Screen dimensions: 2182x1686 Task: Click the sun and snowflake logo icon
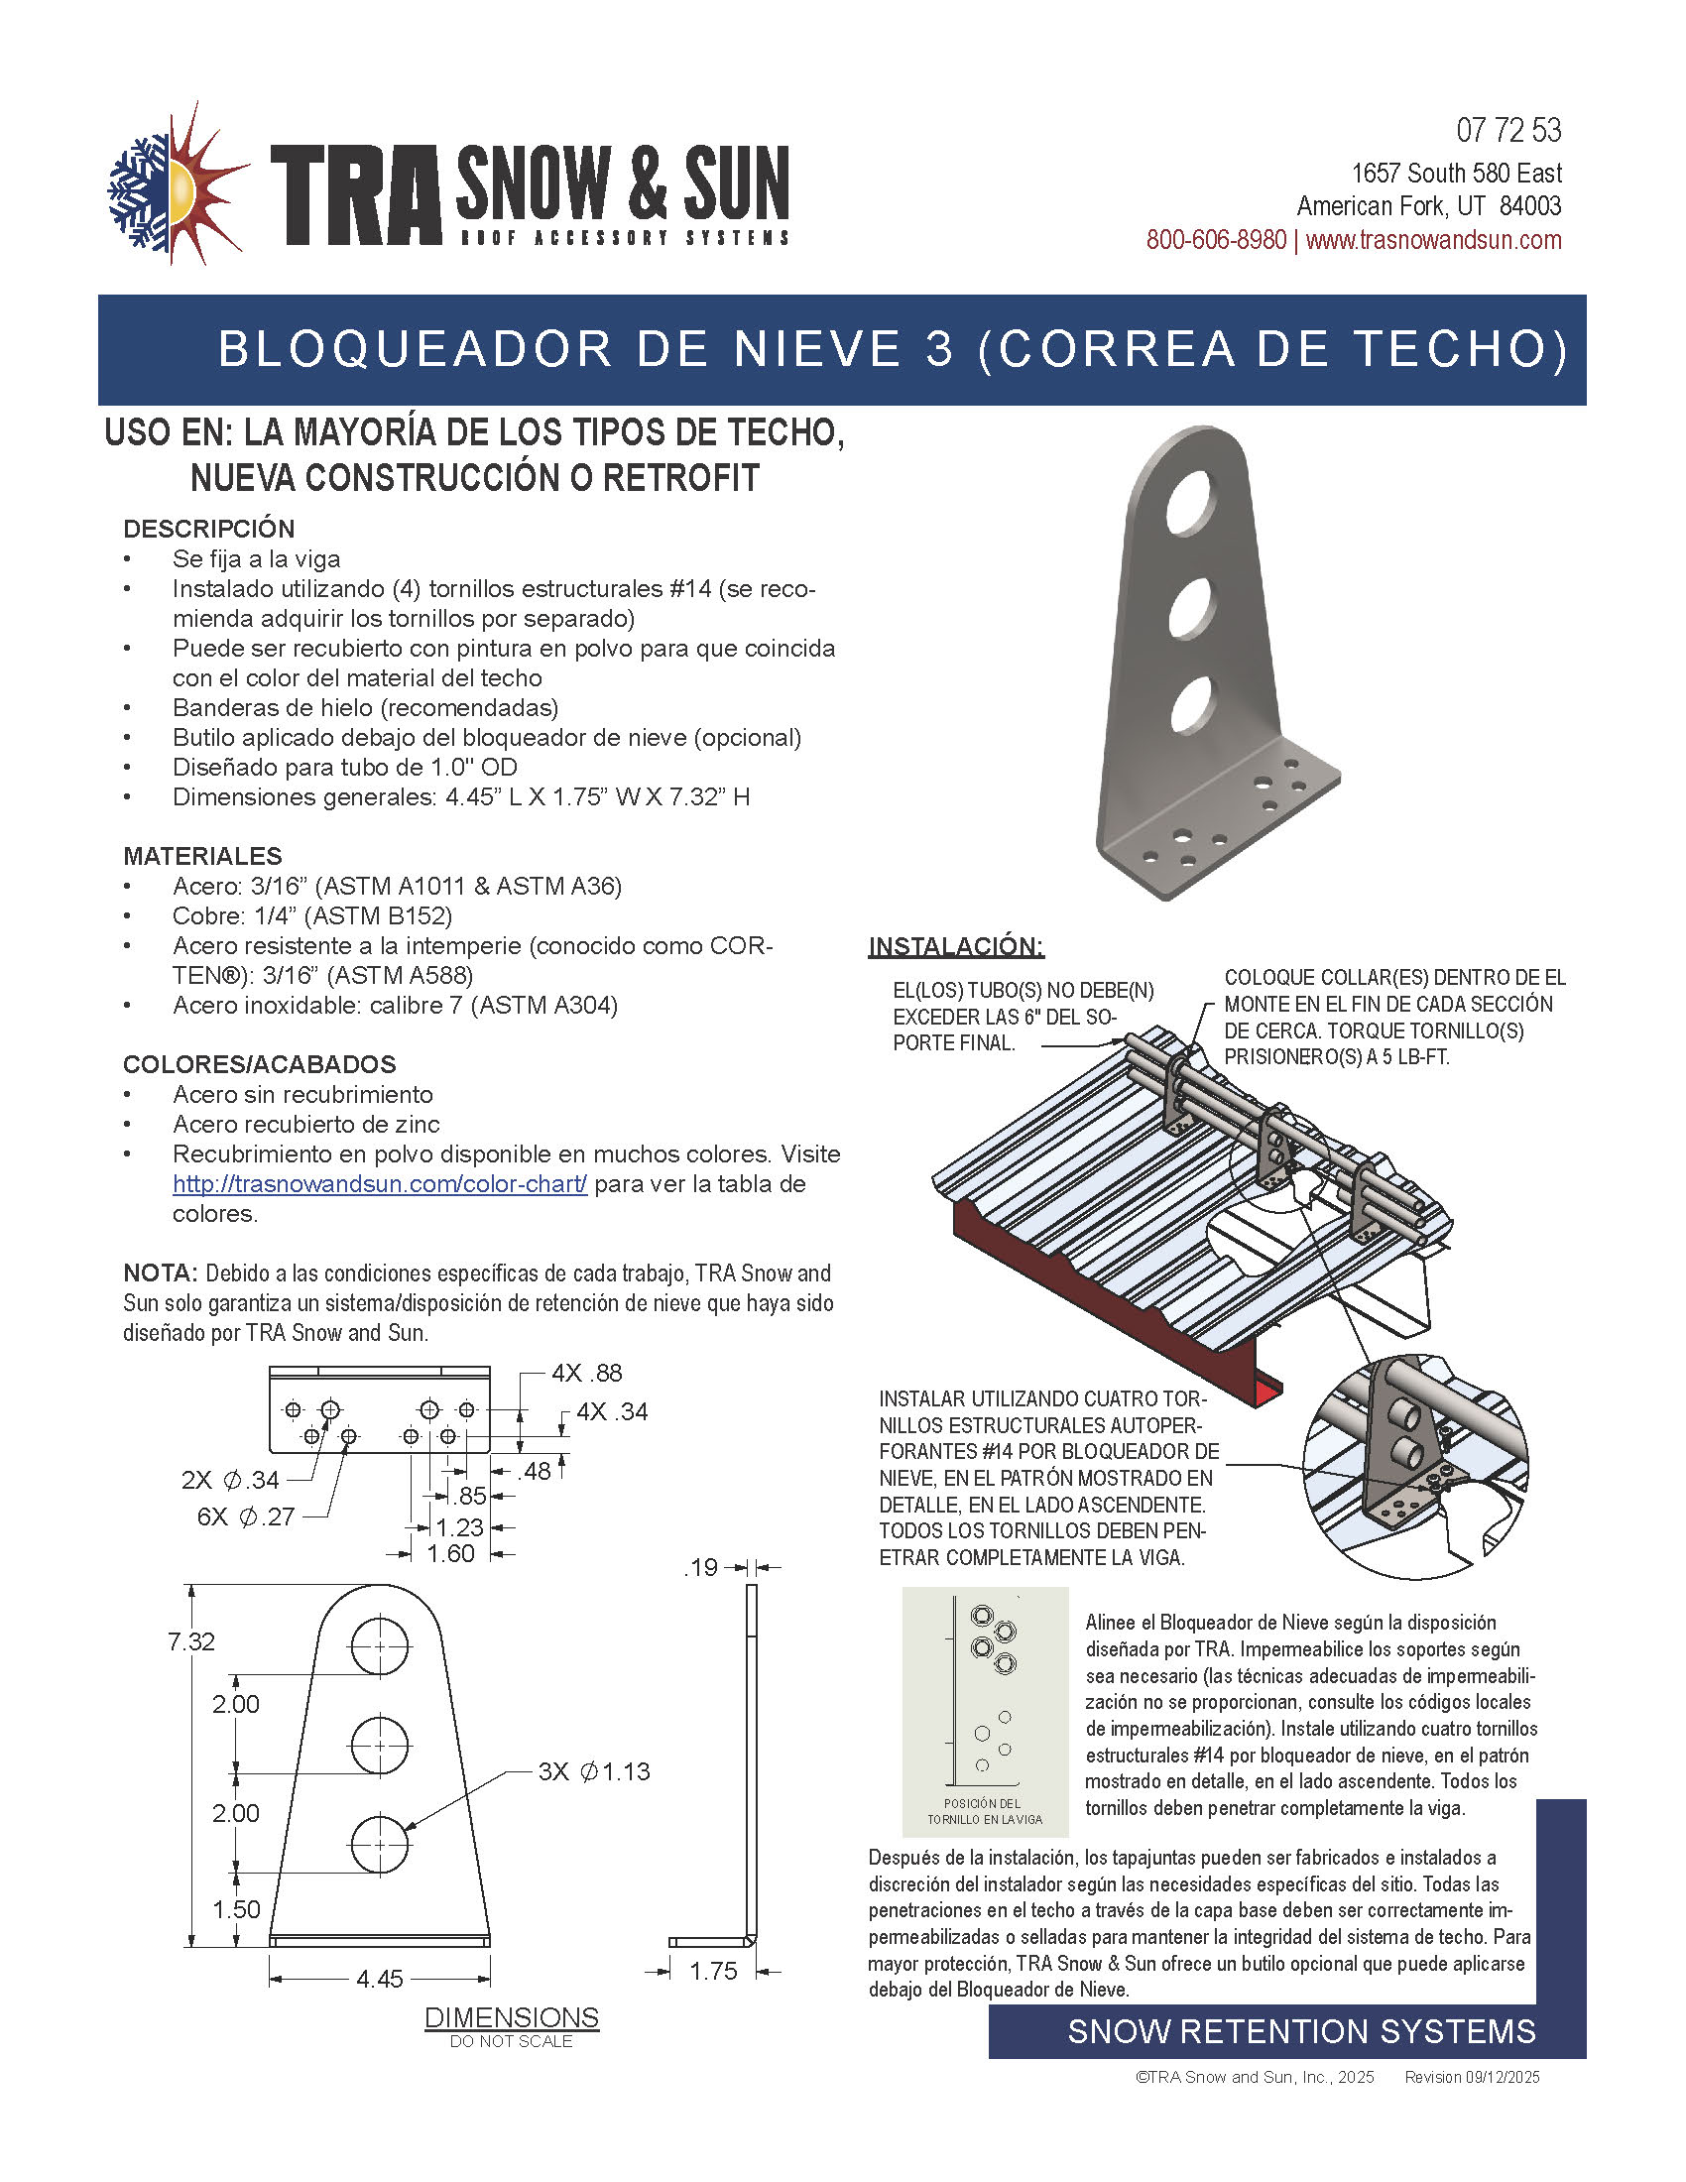click(177, 184)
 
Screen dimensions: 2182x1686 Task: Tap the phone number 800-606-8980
click(1215, 240)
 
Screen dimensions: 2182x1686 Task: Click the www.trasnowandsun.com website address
click(1433, 240)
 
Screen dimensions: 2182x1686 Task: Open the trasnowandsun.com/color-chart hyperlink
click(380, 1184)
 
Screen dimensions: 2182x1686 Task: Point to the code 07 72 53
click(1508, 131)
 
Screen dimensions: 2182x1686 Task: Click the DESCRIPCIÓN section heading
click(208, 529)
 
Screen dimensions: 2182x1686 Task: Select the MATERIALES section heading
click(202, 856)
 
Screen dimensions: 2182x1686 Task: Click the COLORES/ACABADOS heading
click(260, 1064)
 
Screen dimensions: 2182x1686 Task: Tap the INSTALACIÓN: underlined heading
click(956, 946)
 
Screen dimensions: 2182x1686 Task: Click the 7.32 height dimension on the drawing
click(190, 1641)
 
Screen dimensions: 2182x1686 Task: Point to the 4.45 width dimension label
click(380, 1979)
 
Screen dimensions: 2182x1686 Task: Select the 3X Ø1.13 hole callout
click(594, 1771)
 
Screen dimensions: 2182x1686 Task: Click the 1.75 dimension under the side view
click(713, 1971)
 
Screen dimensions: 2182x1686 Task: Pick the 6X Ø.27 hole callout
click(246, 1516)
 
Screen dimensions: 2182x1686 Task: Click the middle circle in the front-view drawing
click(380, 1746)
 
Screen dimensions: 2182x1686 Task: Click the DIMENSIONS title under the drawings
click(512, 2017)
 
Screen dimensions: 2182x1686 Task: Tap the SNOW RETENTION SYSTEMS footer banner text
click(1300, 2031)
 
